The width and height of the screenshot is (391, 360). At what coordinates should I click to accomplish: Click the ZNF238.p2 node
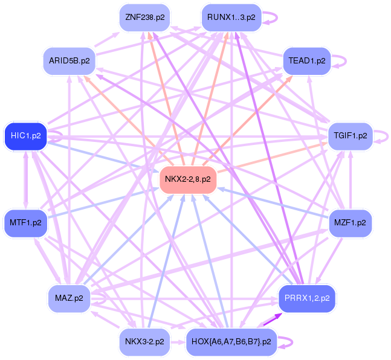click(x=144, y=18)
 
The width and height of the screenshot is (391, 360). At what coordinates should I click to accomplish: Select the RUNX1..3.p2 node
click(x=231, y=18)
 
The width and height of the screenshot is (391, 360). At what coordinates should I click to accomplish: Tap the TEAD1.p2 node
click(x=307, y=61)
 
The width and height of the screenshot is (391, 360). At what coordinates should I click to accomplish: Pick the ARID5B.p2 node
click(x=69, y=61)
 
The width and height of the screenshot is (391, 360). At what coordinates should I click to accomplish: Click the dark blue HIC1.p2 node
click(x=25, y=135)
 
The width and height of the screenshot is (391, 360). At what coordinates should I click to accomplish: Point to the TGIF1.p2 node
click(x=350, y=135)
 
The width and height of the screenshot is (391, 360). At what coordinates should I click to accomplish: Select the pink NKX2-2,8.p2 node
click(x=188, y=179)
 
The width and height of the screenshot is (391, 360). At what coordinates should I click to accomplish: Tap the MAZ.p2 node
click(x=69, y=297)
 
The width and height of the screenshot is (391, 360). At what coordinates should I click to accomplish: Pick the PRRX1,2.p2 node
click(x=307, y=297)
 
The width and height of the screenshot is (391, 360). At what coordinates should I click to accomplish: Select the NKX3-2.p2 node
click(x=144, y=341)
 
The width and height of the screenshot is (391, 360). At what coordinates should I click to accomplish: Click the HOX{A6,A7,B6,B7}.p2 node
click(x=231, y=341)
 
